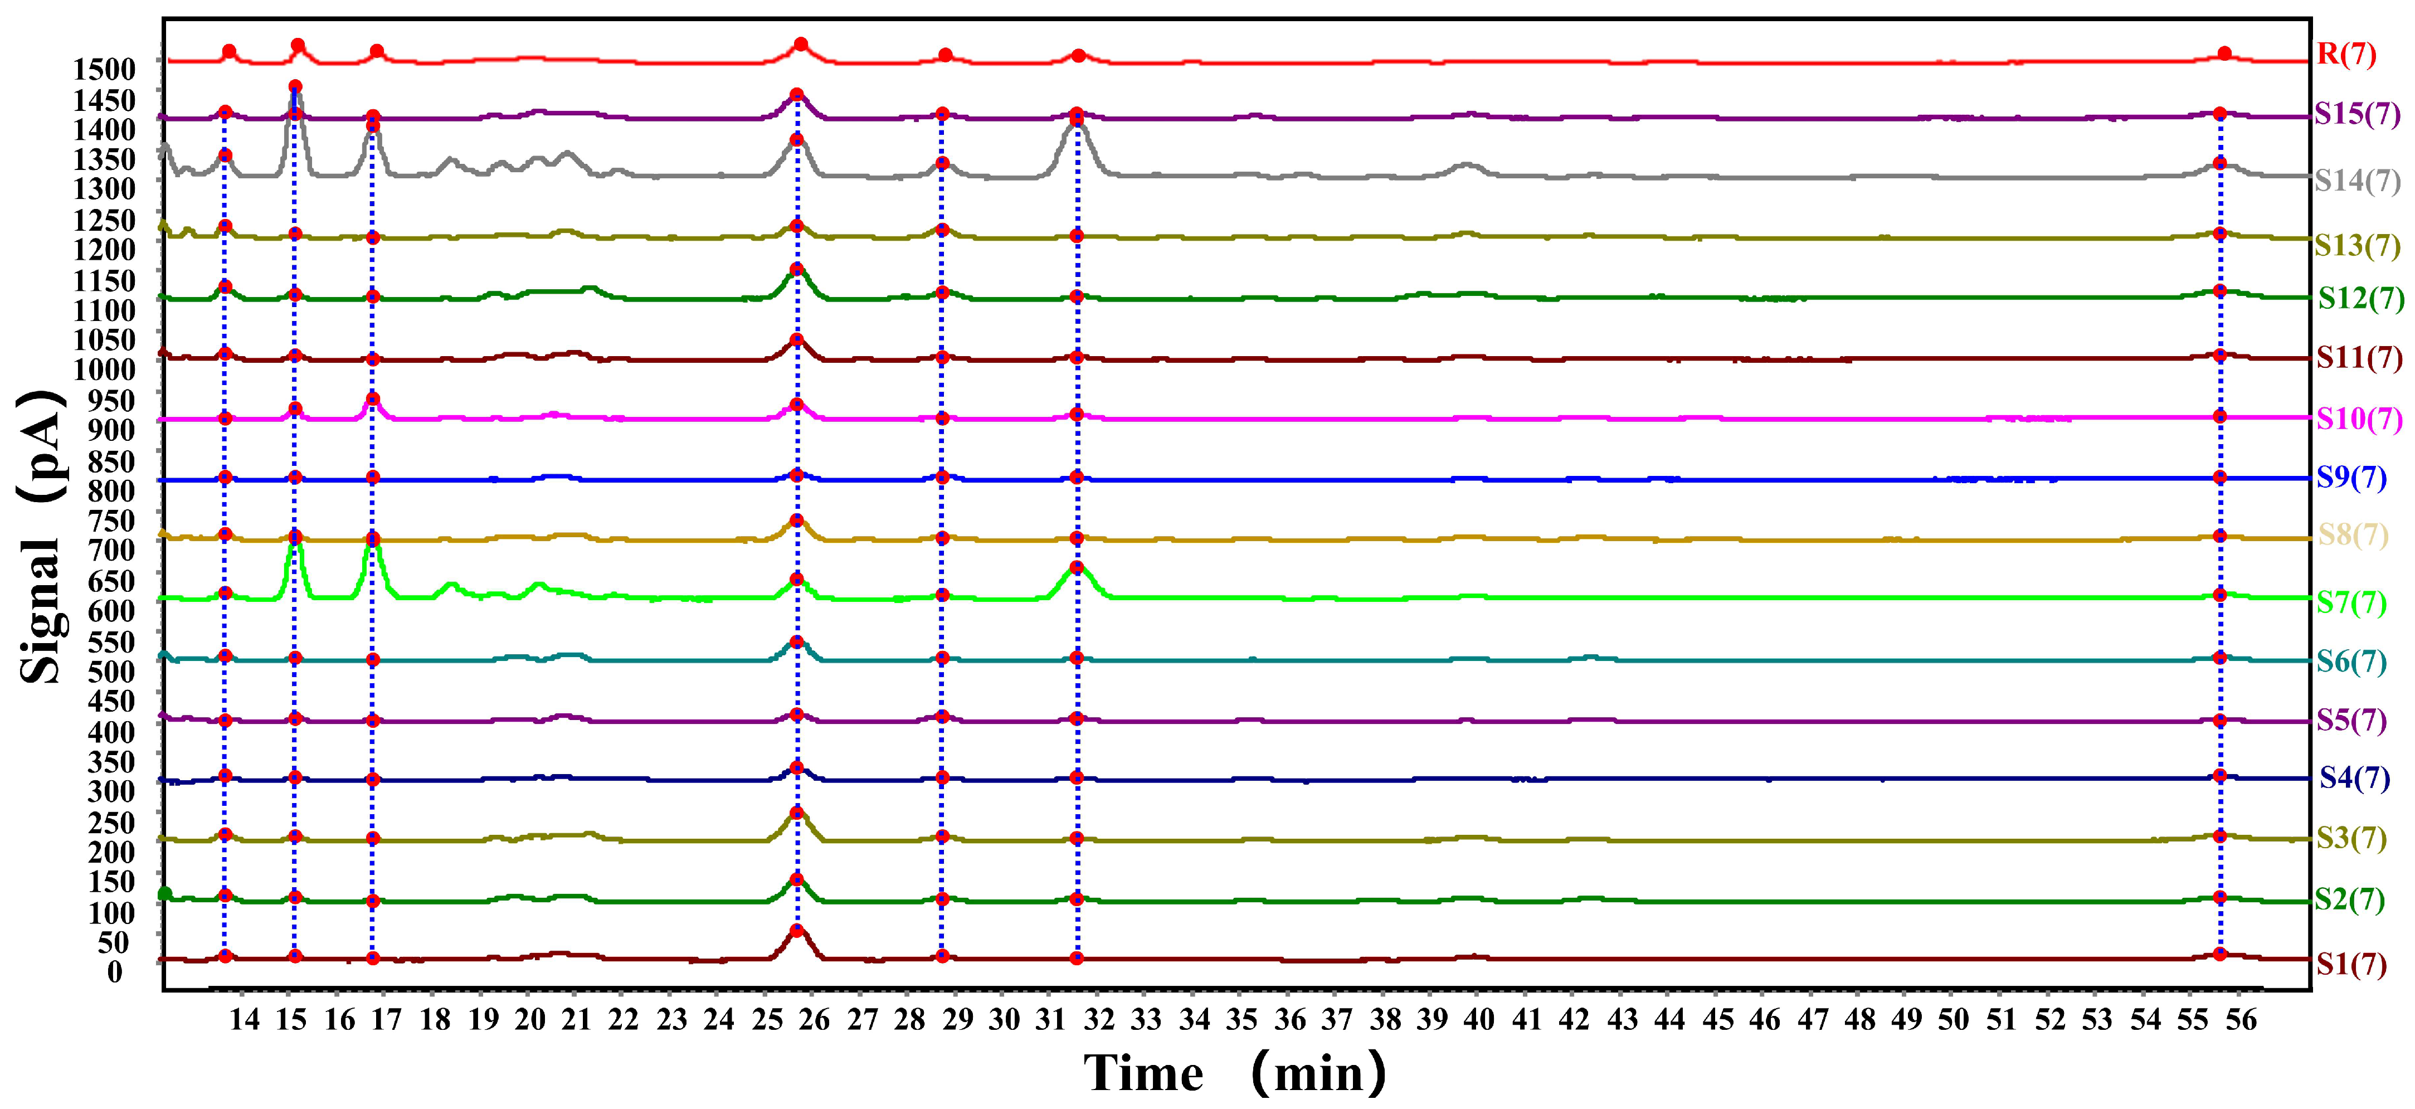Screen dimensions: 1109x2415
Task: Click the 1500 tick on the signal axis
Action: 104,69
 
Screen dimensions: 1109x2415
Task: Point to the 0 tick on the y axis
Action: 114,971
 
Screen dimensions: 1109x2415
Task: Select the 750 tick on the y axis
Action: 111,521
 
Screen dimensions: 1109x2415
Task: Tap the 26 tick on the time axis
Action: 815,1020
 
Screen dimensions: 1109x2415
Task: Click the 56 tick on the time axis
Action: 2241,1020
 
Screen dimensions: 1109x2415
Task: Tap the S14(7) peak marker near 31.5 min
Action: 1076,117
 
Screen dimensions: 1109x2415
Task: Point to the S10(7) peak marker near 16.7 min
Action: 372,398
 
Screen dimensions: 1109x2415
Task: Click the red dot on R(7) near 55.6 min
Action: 2224,53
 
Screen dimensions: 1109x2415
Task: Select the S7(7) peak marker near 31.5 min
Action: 1076,567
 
